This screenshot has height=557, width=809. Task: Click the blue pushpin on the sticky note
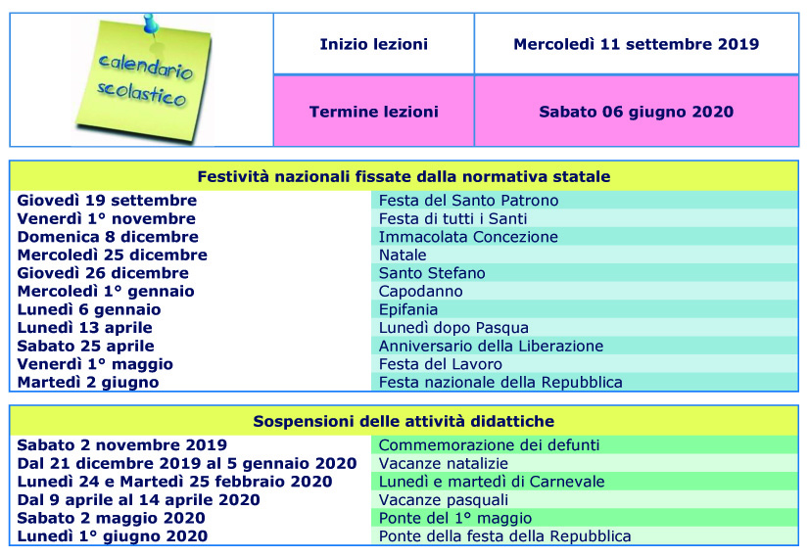149,23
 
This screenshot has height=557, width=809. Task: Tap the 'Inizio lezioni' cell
373,44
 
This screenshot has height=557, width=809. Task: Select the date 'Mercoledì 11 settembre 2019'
636,44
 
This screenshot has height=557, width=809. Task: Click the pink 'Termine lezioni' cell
373,112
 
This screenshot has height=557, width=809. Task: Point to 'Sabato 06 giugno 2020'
636,112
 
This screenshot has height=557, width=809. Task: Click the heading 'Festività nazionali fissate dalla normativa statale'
404,176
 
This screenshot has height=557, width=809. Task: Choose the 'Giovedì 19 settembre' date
107,200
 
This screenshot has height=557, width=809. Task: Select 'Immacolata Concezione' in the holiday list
468,236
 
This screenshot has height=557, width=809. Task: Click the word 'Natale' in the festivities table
403,255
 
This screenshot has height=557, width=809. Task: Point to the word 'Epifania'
408,309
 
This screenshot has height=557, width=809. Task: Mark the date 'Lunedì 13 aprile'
89,327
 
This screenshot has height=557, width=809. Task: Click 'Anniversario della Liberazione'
491,346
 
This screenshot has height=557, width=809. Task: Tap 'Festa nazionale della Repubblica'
500,382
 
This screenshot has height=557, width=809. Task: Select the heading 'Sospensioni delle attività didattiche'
404,421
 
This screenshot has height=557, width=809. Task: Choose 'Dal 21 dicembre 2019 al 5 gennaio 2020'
186,463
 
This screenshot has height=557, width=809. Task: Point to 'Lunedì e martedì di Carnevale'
491,482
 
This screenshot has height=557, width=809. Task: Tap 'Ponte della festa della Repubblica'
504,535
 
